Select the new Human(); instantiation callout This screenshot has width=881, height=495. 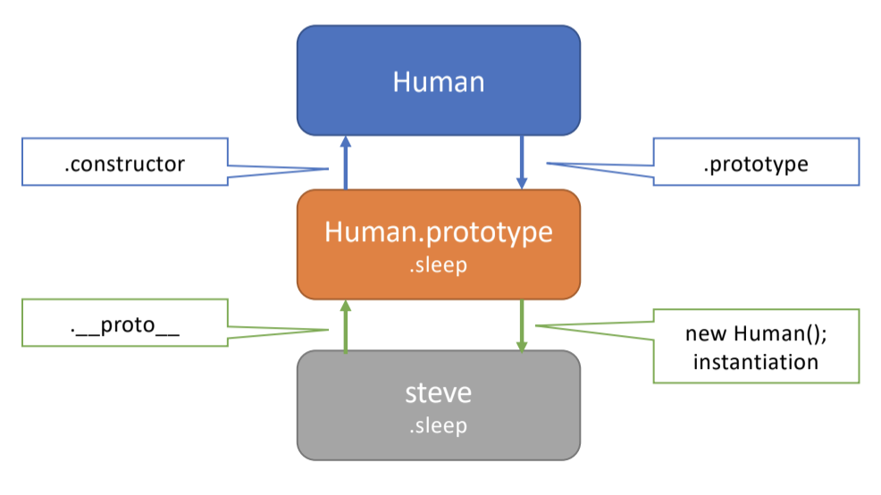pos(756,347)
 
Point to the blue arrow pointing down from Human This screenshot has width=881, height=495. pos(522,162)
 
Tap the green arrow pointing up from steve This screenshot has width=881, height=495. pos(346,325)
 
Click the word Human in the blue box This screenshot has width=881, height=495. pos(439,82)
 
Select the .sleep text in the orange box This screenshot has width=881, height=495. pos(439,265)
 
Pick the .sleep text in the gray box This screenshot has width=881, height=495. pos(439,425)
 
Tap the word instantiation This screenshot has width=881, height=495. pos(756,362)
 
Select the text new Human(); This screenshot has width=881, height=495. pos(756,334)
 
